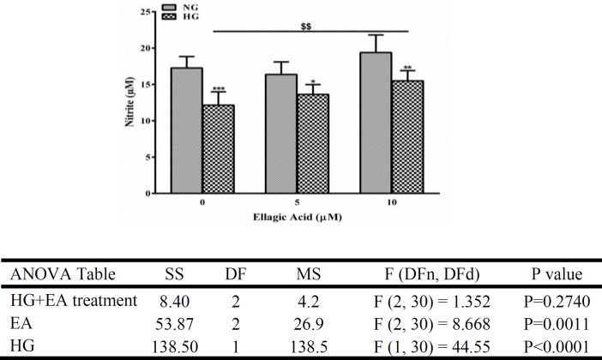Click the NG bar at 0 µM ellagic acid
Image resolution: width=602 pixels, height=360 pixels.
[x=187, y=130]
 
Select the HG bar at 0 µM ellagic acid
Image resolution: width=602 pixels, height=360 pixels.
[x=218, y=149]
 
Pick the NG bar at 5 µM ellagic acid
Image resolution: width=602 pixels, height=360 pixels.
[x=281, y=134]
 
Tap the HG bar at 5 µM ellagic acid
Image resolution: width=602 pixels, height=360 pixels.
[x=313, y=143]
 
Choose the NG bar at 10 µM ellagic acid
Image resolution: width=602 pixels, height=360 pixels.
[x=376, y=123]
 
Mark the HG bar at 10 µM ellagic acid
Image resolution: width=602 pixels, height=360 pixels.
[x=407, y=137]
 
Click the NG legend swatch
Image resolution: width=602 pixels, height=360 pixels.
[x=169, y=8]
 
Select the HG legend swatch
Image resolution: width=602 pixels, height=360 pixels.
[x=169, y=16]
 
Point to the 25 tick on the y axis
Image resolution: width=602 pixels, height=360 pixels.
[x=146, y=12]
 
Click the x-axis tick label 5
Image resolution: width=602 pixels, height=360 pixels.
[x=298, y=202]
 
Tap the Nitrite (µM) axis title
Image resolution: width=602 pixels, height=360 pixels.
[x=129, y=102]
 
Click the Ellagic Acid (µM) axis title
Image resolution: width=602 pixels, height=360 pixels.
[x=298, y=217]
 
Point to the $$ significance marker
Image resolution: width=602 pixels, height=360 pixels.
[x=306, y=27]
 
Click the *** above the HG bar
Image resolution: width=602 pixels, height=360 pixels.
[x=218, y=89]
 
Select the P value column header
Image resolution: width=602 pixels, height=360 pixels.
[x=557, y=274]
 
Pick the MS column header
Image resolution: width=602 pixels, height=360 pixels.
[x=309, y=274]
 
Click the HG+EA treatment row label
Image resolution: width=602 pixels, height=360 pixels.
[x=74, y=300]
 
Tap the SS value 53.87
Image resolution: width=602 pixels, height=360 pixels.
[x=174, y=324]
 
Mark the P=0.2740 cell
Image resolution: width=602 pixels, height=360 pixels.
[x=557, y=302]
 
